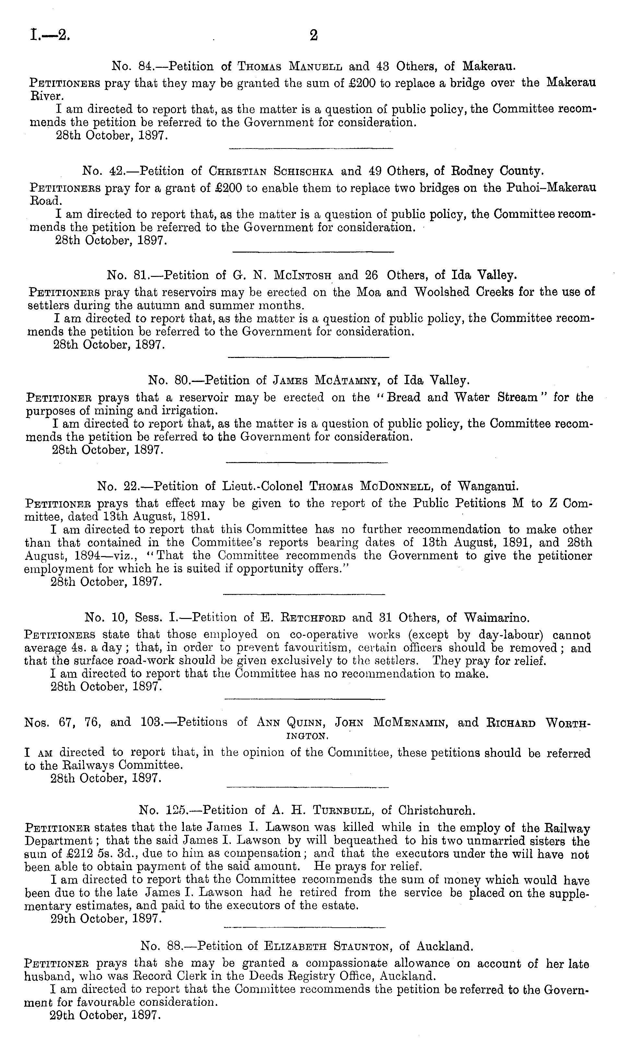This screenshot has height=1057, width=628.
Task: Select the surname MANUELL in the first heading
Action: point(316,66)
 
